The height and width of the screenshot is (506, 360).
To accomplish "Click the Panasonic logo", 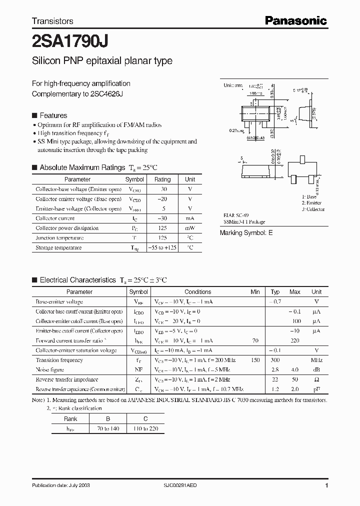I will click(295, 20).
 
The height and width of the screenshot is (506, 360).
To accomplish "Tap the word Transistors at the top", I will click(52, 21).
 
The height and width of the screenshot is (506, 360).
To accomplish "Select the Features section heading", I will click(53, 115).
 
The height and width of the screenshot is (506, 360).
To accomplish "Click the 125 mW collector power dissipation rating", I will click(162, 228).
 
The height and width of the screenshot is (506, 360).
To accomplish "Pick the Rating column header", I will click(162, 179).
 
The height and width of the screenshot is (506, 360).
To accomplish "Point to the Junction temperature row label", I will click(59, 238).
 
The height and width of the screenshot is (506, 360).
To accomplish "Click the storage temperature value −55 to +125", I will click(162, 247).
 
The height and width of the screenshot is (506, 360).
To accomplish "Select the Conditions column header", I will click(197, 292).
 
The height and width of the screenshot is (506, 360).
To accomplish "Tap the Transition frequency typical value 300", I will click(275, 360).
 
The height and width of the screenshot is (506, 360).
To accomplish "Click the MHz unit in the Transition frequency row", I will click(316, 360).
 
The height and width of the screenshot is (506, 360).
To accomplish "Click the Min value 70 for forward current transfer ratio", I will click(255, 340).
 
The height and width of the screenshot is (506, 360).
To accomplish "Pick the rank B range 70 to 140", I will click(108, 429).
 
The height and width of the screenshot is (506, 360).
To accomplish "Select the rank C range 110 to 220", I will click(145, 429).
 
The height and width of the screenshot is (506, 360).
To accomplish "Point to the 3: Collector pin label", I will click(313, 209).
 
